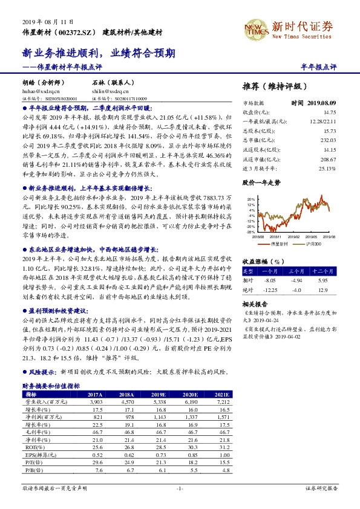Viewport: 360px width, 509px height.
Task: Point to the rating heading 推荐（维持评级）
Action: pos(274,86)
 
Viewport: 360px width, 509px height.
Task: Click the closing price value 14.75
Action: pos(329,112)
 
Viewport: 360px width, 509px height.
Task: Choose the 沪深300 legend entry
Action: pos(312,243)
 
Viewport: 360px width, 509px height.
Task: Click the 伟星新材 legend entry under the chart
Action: pos(280,243)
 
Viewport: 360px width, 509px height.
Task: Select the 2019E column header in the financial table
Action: pos(160,394)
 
